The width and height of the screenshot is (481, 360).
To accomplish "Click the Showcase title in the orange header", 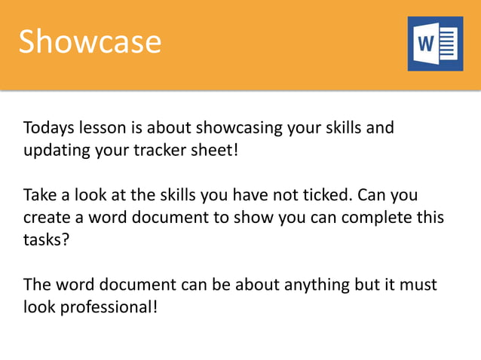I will click(x=90, y=42).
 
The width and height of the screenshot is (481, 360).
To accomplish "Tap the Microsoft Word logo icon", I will click(x=435, y=44).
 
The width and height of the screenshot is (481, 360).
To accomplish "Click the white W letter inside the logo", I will click(x=424, y=44).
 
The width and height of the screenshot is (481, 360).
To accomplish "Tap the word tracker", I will click(x=158, y=148).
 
